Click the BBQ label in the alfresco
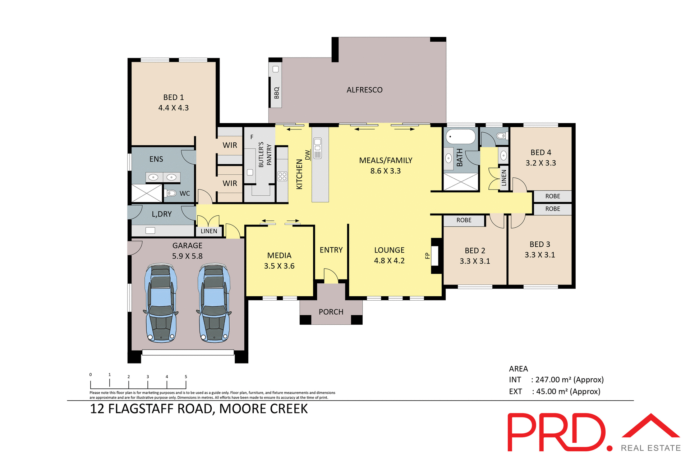pyautogui.click(x=276, y=92)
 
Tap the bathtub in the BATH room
pyautogui.click(x=460, y=137)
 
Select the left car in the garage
pyautogui.click(x=161, y=303)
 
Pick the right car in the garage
pyautogui.click(x=214, y=303)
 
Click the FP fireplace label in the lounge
pyautogui.click(x=427, y=256)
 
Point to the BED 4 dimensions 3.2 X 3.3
pyautogui.click(x=540, y=163)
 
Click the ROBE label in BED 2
pyautogui.click(x=464, y=220)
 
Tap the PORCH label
pyautogui.click(x=331, y=312)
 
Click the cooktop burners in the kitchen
pyautogui.click(x=282, y=176)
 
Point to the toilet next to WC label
pyautogui.click(x=171, y=193)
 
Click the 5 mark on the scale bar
pyautogui.click(x=186, y=377)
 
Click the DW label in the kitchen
pyautogui.click(x=308, y=155)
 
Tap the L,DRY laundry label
pyautogui.click(x=162, y=214)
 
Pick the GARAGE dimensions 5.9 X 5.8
pyautogui.click(x=187, y=256)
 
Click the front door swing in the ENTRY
pyautogui.click(x=331, y=276)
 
